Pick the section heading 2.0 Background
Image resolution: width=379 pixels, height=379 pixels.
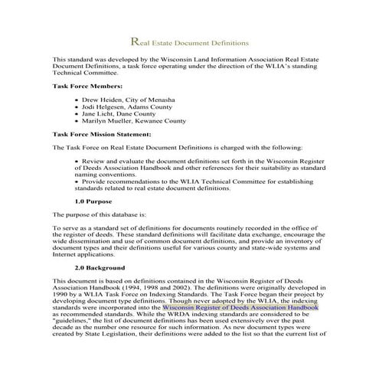point(100,269)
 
